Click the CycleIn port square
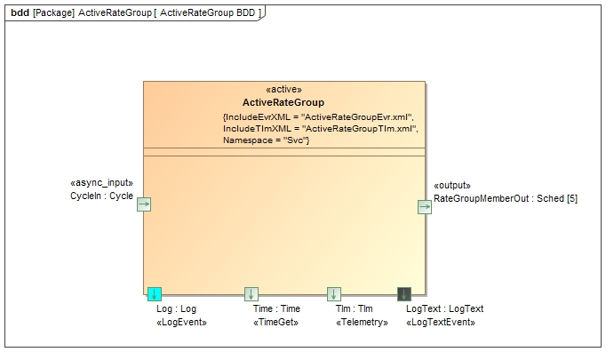(144, 204)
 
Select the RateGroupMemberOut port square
(425, 207)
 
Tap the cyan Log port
(155, 294)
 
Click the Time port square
(251, 294)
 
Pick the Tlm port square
(334, 294)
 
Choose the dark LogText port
(404, 294)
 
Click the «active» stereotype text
(283, 90)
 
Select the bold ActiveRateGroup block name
(283, 103)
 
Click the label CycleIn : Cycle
(101, 196)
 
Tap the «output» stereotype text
(452, 186)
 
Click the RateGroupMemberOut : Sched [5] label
(505, 199)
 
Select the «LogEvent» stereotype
(181, 323)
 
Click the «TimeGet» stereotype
(275, 323)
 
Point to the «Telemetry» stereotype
(362, 323)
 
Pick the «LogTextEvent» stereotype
(440, 323)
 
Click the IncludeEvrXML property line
(318, 117)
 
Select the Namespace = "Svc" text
(266, 140)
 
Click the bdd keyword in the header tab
(20, 13)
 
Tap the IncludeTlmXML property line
(320, 129)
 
